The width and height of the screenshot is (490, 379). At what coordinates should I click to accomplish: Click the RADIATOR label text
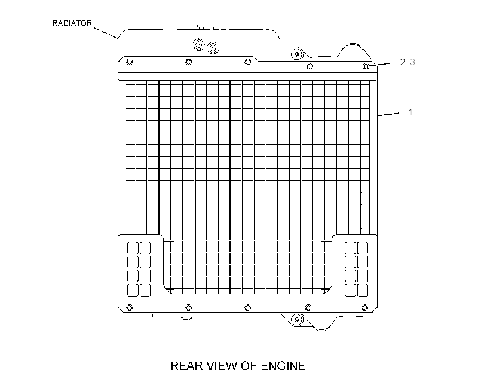pos(72,23)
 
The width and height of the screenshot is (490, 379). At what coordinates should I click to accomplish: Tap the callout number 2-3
pos(407,62)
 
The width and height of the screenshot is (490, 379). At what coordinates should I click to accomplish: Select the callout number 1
pos(411,112)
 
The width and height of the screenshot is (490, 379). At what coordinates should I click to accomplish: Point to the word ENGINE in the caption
pos(283,366)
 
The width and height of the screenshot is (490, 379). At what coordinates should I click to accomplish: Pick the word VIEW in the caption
pos(222,366)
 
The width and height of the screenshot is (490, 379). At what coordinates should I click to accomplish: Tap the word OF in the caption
pos(249,366)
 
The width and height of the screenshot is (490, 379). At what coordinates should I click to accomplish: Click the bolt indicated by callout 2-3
pos(366,66)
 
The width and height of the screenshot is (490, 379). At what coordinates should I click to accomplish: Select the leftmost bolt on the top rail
pos(130,62)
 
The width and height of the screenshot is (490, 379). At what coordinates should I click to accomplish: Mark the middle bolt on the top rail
pos(247,62)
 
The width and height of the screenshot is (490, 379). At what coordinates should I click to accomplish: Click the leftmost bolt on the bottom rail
pos(130,308)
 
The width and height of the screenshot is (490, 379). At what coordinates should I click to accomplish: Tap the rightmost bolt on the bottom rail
pos(365,308)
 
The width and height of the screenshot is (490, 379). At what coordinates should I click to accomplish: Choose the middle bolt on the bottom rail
pos(247,308)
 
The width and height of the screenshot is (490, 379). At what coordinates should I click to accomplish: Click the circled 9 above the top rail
pos(296,54)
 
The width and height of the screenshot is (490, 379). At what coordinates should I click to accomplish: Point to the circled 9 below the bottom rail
pos(296,320)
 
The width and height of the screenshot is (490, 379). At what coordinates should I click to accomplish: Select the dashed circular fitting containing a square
pos(198,45)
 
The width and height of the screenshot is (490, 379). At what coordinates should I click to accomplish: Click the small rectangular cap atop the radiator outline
pos(201,28)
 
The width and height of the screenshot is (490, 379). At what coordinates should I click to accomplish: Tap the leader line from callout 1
pos(388,114)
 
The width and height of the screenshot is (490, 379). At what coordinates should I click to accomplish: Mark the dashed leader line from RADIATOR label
pos(106,33)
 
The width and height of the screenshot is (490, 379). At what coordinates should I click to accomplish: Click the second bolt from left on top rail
pos(188,62)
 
